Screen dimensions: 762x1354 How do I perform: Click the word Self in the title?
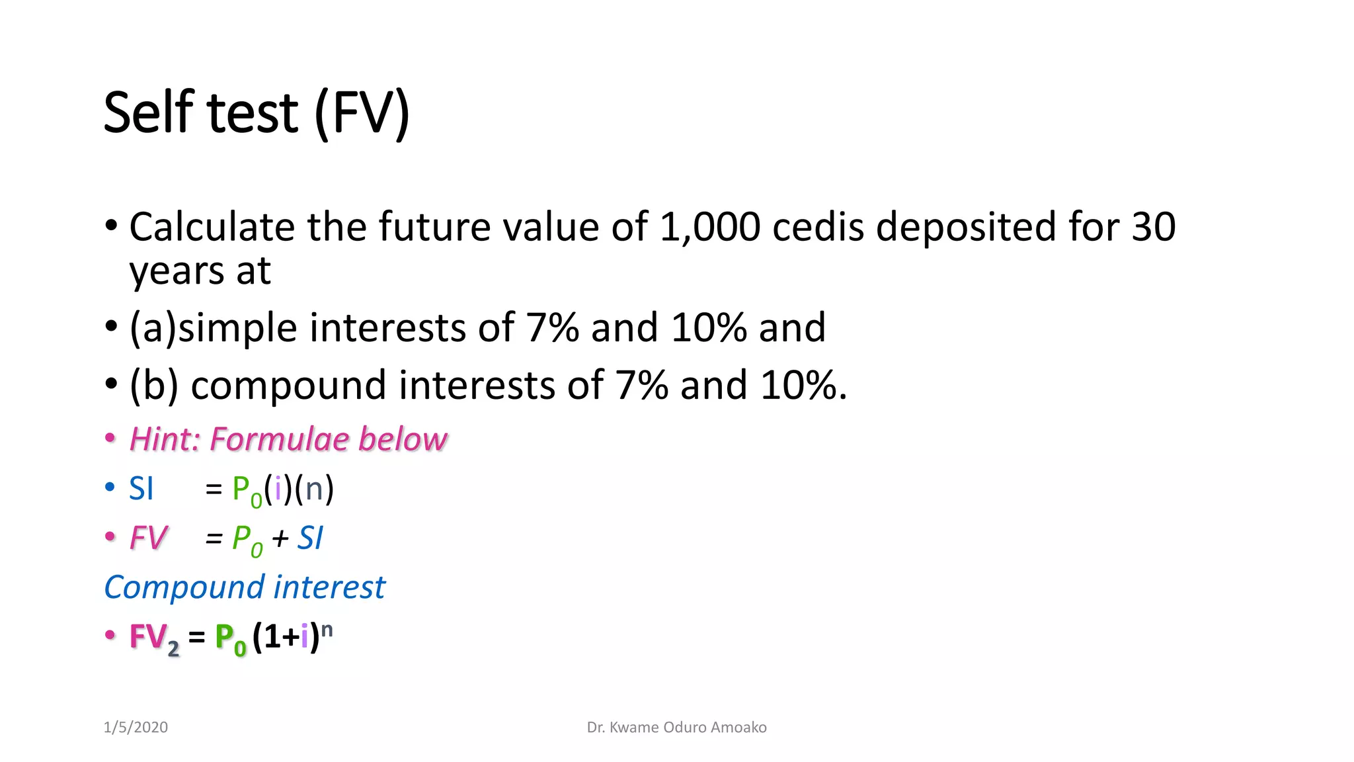(x=149, y=112)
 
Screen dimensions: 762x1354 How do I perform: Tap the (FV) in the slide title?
(x=362, y=114)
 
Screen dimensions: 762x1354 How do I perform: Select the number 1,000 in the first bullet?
(x=709, y=227)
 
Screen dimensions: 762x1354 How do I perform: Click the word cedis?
(x=818, y=227)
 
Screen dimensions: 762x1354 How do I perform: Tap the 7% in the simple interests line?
(x=552, y=327)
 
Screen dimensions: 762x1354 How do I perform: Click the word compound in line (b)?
(x=288, y=386)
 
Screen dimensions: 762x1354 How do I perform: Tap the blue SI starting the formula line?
(x=141, y=489)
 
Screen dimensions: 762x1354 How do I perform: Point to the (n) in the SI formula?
(x=314, y=489)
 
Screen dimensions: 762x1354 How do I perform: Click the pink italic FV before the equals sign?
(x=148, y=538)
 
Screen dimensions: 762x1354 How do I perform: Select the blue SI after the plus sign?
(x=309, y=538)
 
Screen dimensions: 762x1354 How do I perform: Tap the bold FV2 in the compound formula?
(x=153, y=638)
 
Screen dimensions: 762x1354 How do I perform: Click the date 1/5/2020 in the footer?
(x=136, y=728)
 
